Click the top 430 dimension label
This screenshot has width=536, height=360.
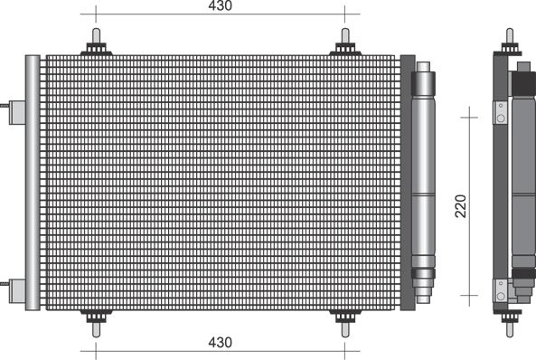(x=221, y=5)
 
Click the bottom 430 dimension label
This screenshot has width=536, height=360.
(x=221, y=342)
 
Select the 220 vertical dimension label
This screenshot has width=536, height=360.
(x=461, y=206)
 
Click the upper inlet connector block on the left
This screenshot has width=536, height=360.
(x=17, y=112)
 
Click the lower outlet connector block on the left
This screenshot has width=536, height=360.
(x=17, y=291)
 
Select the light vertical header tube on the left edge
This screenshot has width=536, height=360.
(x=33, y=183)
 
